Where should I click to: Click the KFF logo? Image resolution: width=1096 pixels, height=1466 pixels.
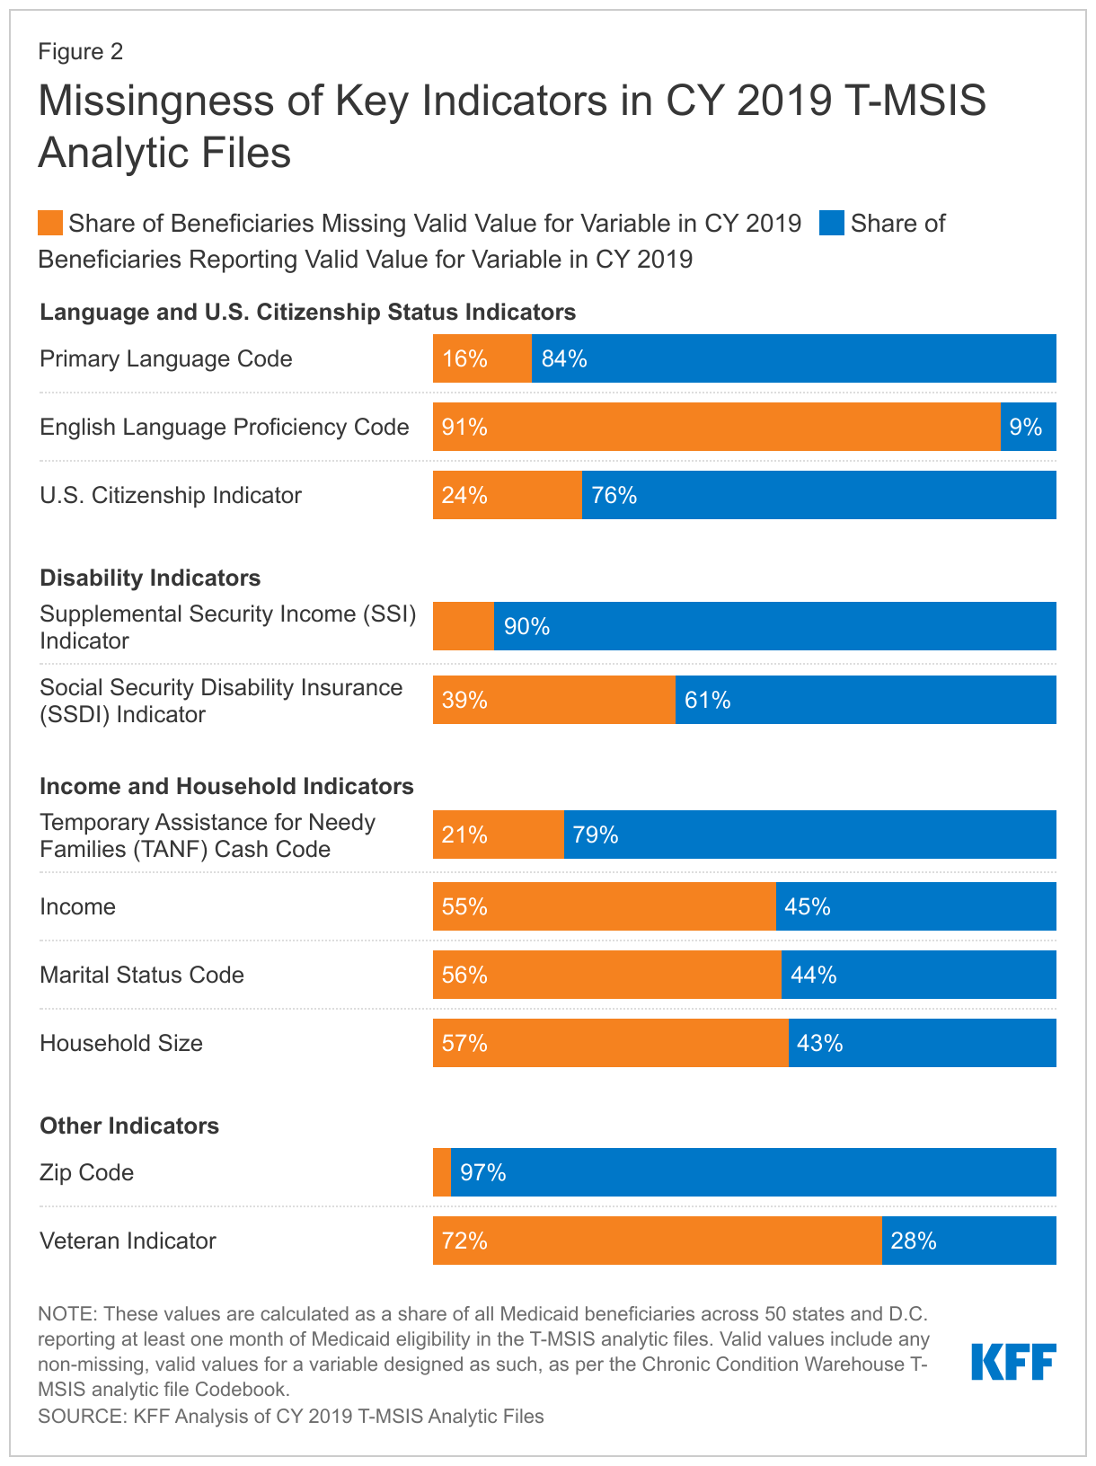1013,1362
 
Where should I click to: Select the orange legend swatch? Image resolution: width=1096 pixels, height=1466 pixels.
50,223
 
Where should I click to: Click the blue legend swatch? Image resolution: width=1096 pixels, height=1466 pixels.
832,223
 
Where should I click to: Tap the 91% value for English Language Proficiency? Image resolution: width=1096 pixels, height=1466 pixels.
464,428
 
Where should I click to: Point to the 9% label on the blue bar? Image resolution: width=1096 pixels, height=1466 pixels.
1026,428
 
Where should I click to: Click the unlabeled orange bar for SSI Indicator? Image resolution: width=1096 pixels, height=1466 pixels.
464,626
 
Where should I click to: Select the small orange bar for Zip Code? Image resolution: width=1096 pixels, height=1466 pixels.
442,1172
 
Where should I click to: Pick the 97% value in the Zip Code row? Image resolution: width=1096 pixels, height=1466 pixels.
483,1172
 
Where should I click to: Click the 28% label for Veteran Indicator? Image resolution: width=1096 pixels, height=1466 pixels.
914,1241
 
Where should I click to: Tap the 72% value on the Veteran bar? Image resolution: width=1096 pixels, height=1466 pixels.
464,1241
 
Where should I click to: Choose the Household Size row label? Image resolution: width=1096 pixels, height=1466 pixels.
121,1043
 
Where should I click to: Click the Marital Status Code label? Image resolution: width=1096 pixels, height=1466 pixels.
142,975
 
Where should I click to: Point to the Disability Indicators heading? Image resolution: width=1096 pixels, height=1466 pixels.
150,578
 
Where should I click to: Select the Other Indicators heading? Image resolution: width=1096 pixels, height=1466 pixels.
129,1126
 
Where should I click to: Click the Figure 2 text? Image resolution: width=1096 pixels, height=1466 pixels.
80,51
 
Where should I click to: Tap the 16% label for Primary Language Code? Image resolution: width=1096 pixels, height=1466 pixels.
464,359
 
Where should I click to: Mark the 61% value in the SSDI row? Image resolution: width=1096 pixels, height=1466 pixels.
708,700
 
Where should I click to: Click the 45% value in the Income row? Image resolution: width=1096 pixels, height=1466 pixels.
808,906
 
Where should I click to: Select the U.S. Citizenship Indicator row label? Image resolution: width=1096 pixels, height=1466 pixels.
171,495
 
